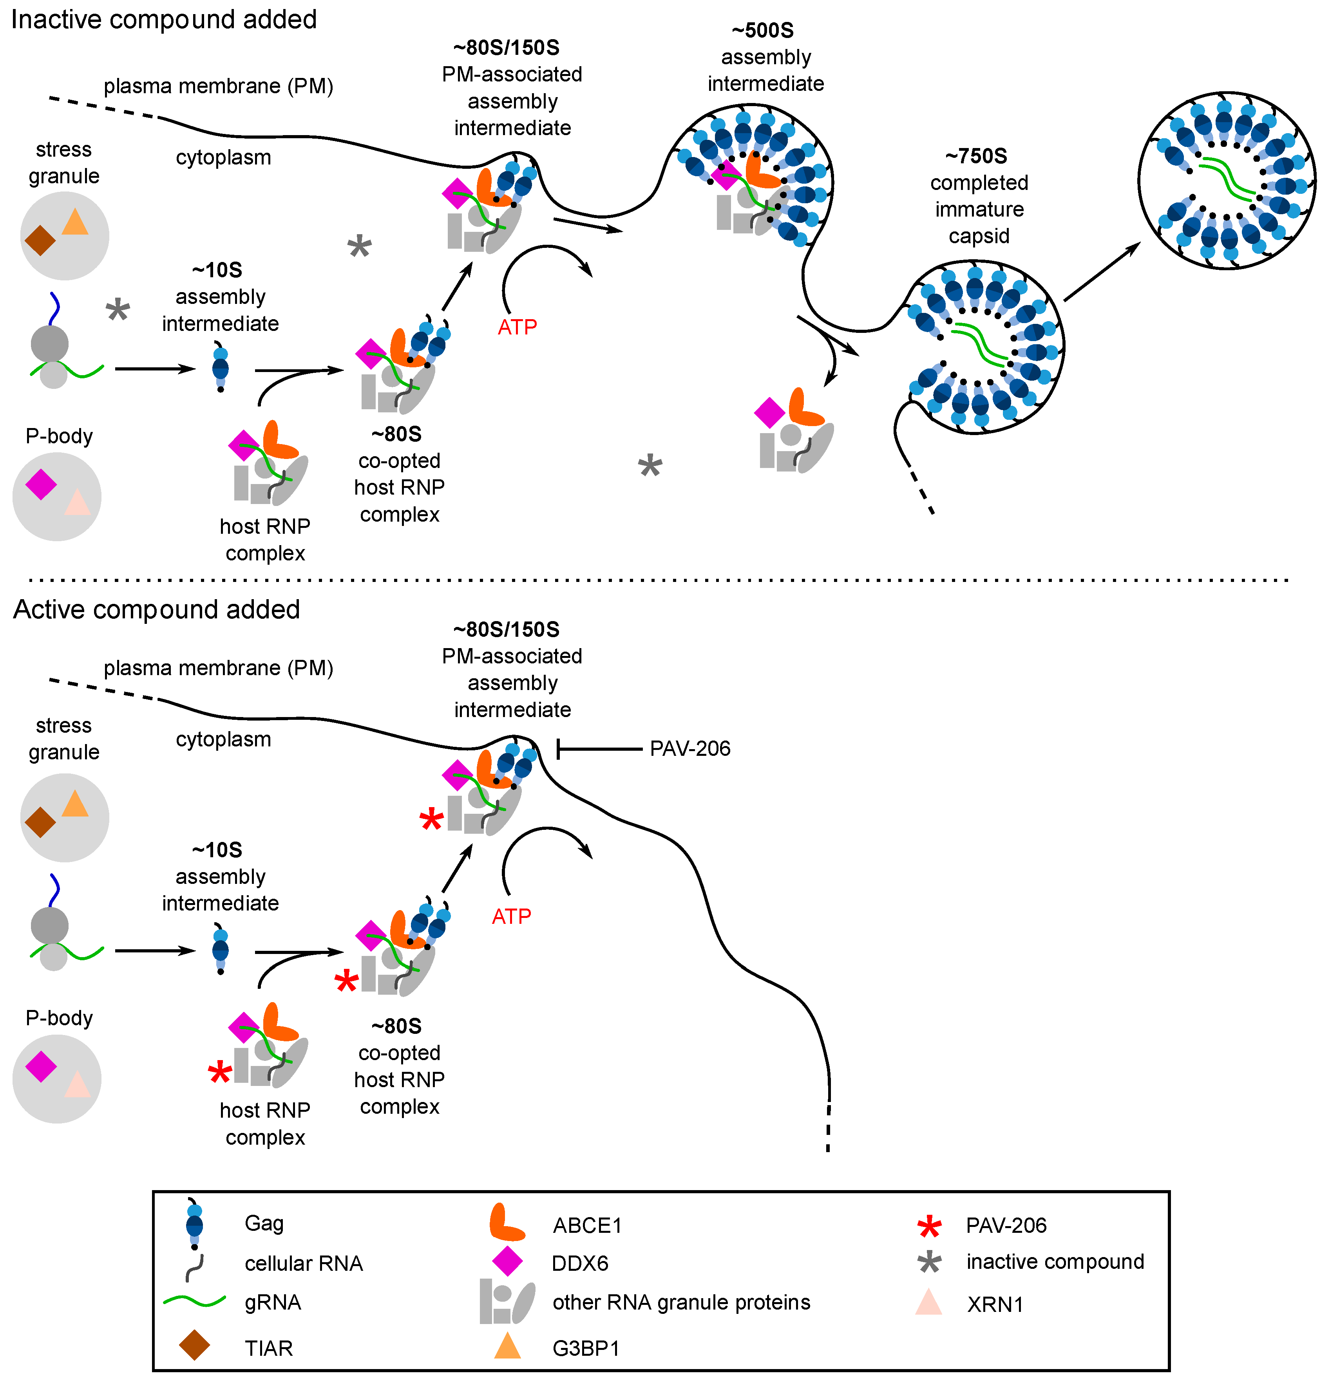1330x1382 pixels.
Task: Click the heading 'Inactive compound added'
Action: click(x=164, y=19)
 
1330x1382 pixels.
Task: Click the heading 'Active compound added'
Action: click(x=157, y=609)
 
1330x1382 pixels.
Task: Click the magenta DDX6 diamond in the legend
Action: click(x=507, y=1262)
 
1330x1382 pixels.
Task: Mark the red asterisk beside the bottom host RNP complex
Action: click(x=220, y=1073)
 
